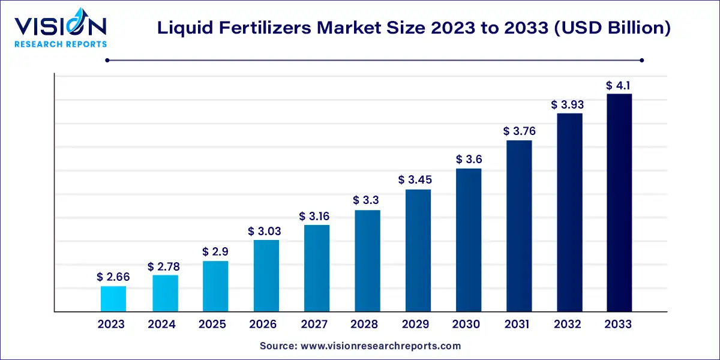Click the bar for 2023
click(x=113, y=299)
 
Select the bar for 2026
click(x=266, y=276)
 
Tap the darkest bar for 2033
click(x=619, y=203)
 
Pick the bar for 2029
click(x=418, y=251)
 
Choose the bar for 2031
click(x=519, y=226)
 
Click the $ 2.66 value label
click(x=113, y=277)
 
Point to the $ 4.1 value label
click(x=619, y=85)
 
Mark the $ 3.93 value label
click(x=568, y=104)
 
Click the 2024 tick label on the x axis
click(x=161, y=325)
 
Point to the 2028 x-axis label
click(x=365, y=325)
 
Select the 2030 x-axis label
click(x=466, y=325)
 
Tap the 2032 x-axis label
click(x=568, y=325)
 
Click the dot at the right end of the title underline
click(x=641, y=60)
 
